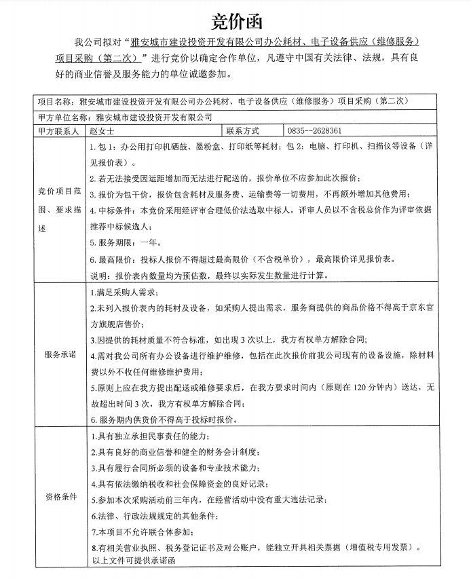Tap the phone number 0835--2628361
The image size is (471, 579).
314,130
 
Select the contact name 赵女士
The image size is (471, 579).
102,130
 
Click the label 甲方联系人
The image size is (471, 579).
59,130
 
